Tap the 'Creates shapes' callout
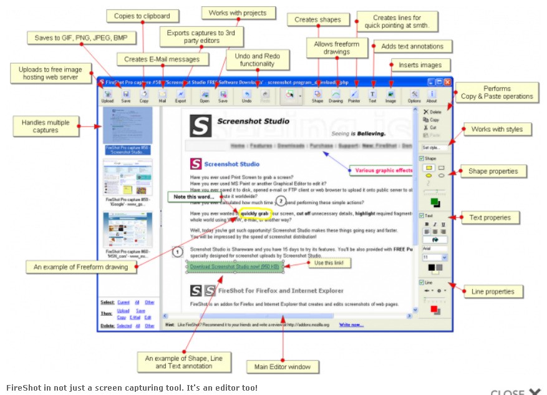(317, 20)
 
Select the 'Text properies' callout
(491, 218)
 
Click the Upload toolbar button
(108, 95)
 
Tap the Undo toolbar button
(246, 95)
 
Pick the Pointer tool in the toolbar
(354, 95)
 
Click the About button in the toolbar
(432, 95)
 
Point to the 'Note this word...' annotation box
(194, 197)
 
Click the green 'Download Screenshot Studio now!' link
(235, 267)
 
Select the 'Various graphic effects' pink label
(382, 170)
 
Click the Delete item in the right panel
(432, 112)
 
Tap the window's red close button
(447, 82)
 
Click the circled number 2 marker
(281, 201)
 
